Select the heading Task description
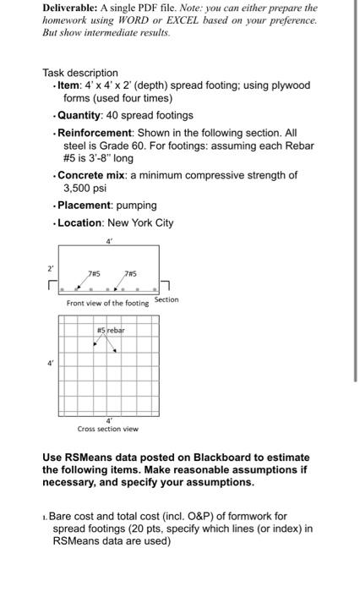coord(80,73)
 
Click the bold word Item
coord(68,85)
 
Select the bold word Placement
coord(83,205)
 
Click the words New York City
coord(141,222)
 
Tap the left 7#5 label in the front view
coord(95,273)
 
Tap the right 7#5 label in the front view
coord(131,273)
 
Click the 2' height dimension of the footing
coord(50,268)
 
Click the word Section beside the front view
coord(166,299)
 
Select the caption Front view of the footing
coord(107,303)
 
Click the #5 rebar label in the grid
coord(110,331)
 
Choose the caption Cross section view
coord(107,428)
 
